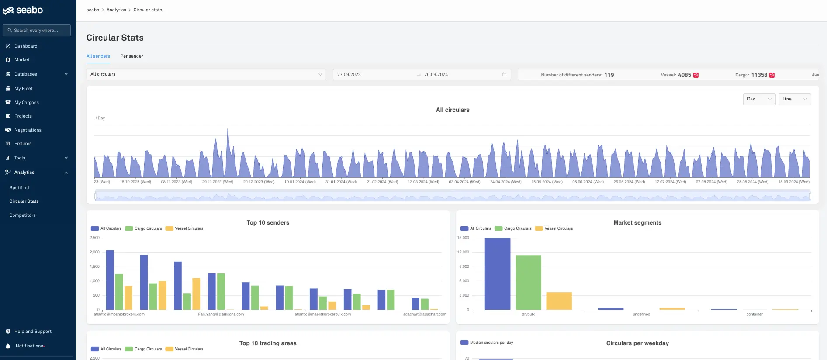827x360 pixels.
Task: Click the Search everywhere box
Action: point(37,30)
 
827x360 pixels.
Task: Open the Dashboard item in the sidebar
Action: point(25,46)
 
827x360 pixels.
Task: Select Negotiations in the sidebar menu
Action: point(28,130)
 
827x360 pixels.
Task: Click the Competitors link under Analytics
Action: point(22,215)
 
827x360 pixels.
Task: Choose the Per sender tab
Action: point(131,56)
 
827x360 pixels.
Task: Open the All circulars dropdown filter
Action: point(206,74)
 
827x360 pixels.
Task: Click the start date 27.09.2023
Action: point(349,75)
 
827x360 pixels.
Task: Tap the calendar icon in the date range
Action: point(504,75)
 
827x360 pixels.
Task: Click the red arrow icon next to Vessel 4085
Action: point(696,75)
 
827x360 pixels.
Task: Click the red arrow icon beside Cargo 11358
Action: point(772,75)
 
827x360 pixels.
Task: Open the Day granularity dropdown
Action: point(759,99)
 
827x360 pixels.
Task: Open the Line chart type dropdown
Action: point(795,99)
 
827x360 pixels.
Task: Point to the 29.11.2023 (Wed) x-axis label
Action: point(218,182)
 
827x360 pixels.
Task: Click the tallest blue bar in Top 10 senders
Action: point(110,280)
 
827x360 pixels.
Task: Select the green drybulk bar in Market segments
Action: point(528,282)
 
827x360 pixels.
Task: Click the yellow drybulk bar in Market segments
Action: point(559,301)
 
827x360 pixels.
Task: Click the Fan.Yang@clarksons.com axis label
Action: point(221,314)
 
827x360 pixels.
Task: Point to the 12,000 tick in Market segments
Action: point(463,252)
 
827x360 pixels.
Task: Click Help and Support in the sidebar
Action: point(33,331)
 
